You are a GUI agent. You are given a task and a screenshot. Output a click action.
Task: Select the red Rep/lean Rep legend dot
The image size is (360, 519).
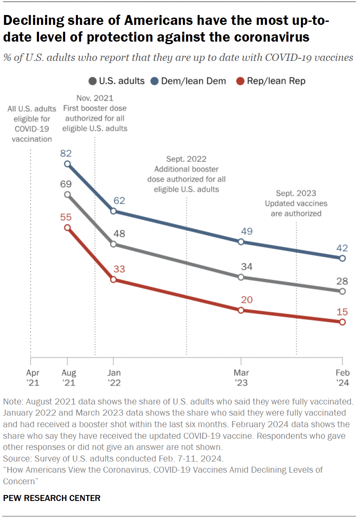241,81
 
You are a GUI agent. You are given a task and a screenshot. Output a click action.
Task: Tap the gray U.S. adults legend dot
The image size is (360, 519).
92,81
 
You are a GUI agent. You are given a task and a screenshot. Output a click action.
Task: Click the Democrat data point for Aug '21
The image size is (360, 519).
67,164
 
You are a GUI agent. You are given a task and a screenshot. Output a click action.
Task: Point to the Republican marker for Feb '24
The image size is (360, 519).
342,322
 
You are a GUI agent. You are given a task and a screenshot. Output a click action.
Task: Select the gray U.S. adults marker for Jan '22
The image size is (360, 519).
113,244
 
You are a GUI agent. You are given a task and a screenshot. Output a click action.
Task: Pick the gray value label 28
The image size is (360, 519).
342,281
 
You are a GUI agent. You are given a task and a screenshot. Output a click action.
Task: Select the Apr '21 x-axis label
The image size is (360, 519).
30,377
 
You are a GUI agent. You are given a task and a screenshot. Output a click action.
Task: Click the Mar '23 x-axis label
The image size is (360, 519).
241,377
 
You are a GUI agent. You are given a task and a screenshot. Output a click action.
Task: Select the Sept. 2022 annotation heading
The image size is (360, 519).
186,159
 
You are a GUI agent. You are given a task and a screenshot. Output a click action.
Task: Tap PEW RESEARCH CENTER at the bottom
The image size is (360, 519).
52,498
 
